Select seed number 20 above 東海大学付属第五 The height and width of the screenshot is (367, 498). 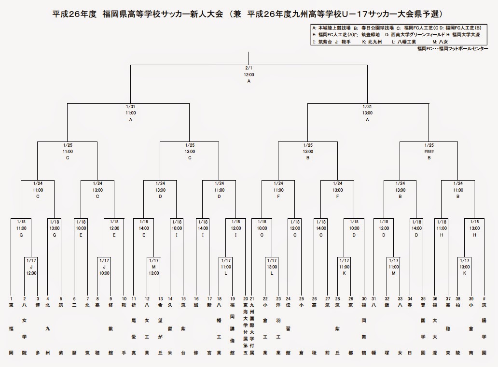(245, 298)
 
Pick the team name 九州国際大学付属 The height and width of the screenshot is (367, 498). (251, 328)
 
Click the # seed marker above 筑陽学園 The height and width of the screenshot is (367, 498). (484, 298)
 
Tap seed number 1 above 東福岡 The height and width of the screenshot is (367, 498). (11, 298)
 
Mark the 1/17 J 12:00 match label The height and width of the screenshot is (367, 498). (31, 267)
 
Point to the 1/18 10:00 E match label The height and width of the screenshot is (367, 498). (81, 228)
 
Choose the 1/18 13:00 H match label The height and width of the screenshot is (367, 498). (475, 228)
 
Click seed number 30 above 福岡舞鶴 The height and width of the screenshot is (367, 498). (364, 298)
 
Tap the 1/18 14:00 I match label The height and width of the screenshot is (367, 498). (203, 228)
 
